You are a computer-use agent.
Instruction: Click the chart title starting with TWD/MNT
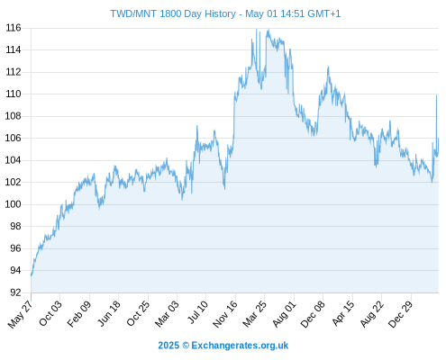tap(225, 13)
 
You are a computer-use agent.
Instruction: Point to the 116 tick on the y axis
tap(14, 28)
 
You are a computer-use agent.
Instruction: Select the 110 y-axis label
tap(14, 94)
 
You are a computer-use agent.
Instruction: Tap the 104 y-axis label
tap(14, 160)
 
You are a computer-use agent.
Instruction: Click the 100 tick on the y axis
tap(14, 204)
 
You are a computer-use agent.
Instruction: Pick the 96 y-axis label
tap(15, 248)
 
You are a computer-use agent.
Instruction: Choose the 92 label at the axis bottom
tap(15, 292)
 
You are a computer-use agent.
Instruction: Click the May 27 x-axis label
tap(20, 314)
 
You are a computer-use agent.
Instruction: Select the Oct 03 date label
tap(50, 313)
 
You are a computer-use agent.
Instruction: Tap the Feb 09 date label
tap(79, 314)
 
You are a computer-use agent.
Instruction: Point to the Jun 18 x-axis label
tap(109, 313)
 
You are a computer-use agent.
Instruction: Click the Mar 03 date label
tap(167, 314)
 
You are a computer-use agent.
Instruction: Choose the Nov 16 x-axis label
tap(225, 314)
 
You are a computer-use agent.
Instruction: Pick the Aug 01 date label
tap(284, 314)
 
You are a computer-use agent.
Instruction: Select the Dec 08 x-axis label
tap(313, 314)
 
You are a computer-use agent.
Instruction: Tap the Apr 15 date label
tap(343, 313)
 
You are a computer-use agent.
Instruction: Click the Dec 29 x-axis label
tap(401, 314)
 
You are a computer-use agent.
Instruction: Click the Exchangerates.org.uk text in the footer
tap(240, 346)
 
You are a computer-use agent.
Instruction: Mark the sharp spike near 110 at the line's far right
tap(436, 95)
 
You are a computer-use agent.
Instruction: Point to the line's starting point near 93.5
tap(32, 275)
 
